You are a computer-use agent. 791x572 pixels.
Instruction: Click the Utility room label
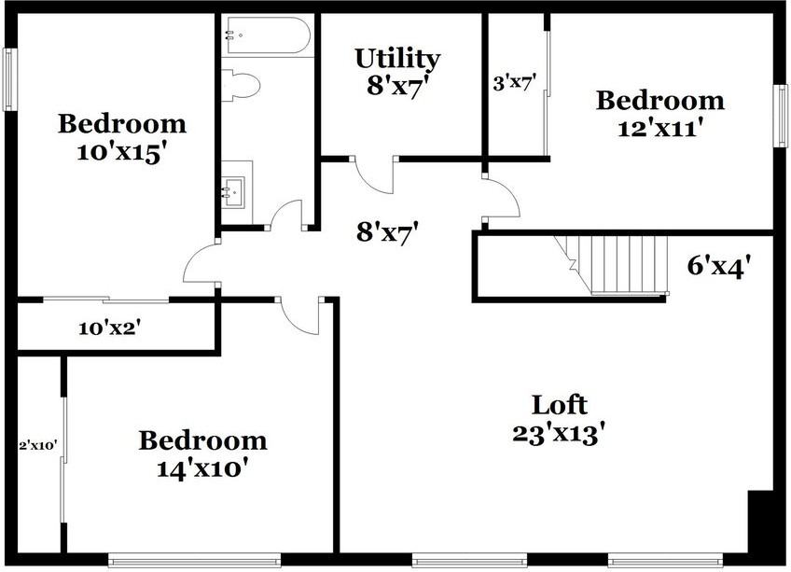[396, 58]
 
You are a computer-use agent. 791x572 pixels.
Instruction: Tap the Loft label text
[560, 405]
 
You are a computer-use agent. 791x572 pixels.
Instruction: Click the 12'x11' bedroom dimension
[659, 128]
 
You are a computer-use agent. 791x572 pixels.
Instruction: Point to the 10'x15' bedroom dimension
[121, 151]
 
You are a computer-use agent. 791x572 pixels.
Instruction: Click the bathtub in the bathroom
[267, 36]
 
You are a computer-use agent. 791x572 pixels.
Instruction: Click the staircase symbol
[611, 264]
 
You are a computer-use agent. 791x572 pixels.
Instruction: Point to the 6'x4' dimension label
[719, 267]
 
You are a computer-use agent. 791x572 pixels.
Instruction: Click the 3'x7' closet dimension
[514, 83]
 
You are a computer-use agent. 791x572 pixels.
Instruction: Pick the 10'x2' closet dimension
[108, 328]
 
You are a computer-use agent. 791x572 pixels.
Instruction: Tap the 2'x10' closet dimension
[39, 445]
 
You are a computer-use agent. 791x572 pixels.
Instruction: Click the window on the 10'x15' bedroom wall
[8, 77]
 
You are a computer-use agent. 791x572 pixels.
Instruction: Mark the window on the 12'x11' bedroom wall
[782, 116]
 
